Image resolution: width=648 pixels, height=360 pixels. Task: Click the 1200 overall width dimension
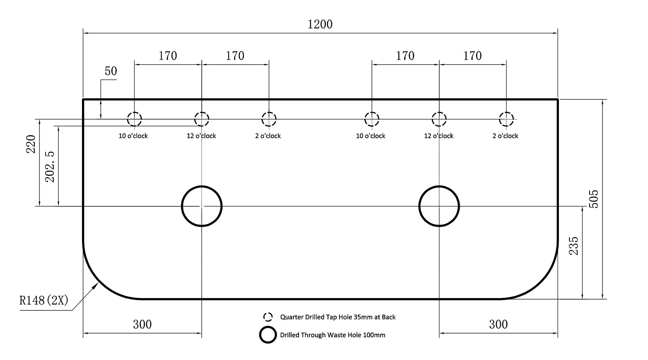[x=320, y=24]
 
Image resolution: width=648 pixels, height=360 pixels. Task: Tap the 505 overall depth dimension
[x=594, y=199]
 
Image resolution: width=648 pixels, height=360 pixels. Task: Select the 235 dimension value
[x=573, y=246]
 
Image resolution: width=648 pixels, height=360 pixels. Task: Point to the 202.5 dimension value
[x=50, y=167]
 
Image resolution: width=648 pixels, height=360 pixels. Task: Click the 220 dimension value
[x=31, y=144]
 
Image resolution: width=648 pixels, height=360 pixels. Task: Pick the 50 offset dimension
[x=111, y=71]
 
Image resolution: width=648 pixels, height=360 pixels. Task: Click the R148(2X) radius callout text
[x=44, y=300]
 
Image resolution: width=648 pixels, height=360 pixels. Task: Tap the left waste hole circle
[x=182, y=206]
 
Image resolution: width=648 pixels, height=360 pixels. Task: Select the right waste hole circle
[x=419, y=206]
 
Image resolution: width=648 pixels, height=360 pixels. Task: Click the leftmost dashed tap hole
[x=127, y=119]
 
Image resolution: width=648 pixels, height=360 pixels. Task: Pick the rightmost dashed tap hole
[x=500, y=119]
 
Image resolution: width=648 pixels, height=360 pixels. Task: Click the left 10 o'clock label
[x=133, y=136]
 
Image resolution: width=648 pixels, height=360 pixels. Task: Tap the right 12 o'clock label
[x=439, y=136]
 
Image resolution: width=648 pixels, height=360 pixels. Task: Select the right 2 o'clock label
[x=505, y=136]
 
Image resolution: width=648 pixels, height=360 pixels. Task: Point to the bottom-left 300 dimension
[x=142, y=324]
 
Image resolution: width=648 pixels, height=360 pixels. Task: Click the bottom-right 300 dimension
[x=499, y=324]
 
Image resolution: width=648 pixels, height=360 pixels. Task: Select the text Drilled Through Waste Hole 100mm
[x=333, y=335]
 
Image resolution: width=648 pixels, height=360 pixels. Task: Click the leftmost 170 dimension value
[x=168, y=56]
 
